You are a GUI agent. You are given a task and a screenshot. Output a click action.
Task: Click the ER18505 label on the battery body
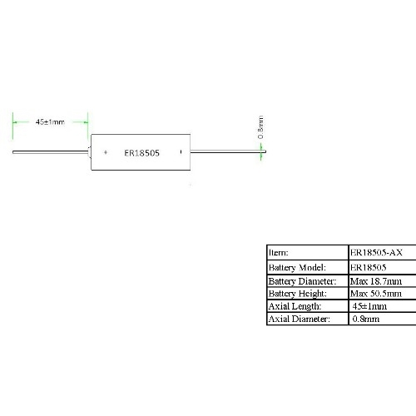[141, 153]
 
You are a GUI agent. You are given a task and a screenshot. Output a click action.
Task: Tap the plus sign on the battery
[106, 152]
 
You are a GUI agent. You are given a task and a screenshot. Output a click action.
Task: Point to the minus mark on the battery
[181, 151]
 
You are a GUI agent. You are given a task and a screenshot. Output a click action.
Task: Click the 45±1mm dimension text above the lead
[50, 121]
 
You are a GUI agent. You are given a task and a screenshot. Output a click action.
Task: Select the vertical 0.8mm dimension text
[260, 127]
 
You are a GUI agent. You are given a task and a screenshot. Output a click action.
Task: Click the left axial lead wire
[51, 152]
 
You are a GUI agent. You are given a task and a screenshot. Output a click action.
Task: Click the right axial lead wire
[228, 151]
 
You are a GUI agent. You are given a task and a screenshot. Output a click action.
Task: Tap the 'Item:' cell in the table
[279, 253]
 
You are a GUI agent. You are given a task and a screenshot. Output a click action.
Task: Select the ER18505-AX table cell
[376, 252]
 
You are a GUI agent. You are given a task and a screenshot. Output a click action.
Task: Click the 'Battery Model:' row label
[297, 268]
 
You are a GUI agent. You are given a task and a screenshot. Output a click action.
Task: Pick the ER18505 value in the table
[368, 267]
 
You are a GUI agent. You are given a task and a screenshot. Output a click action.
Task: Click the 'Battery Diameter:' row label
[302, 281]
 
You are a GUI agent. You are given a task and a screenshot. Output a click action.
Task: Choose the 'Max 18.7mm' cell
[376, 281]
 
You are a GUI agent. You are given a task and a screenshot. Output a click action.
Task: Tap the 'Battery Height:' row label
[298, 294]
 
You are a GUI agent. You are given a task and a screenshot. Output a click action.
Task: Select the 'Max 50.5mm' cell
[376, 294]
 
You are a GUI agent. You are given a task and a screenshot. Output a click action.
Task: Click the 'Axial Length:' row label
[295, 306]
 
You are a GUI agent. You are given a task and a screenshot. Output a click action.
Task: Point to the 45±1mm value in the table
[369, 306]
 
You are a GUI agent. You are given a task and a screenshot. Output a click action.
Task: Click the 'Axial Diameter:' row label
[300, 319]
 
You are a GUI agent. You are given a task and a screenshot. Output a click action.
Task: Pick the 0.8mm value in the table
[366, 319]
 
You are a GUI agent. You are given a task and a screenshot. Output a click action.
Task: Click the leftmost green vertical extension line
[12, 126]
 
